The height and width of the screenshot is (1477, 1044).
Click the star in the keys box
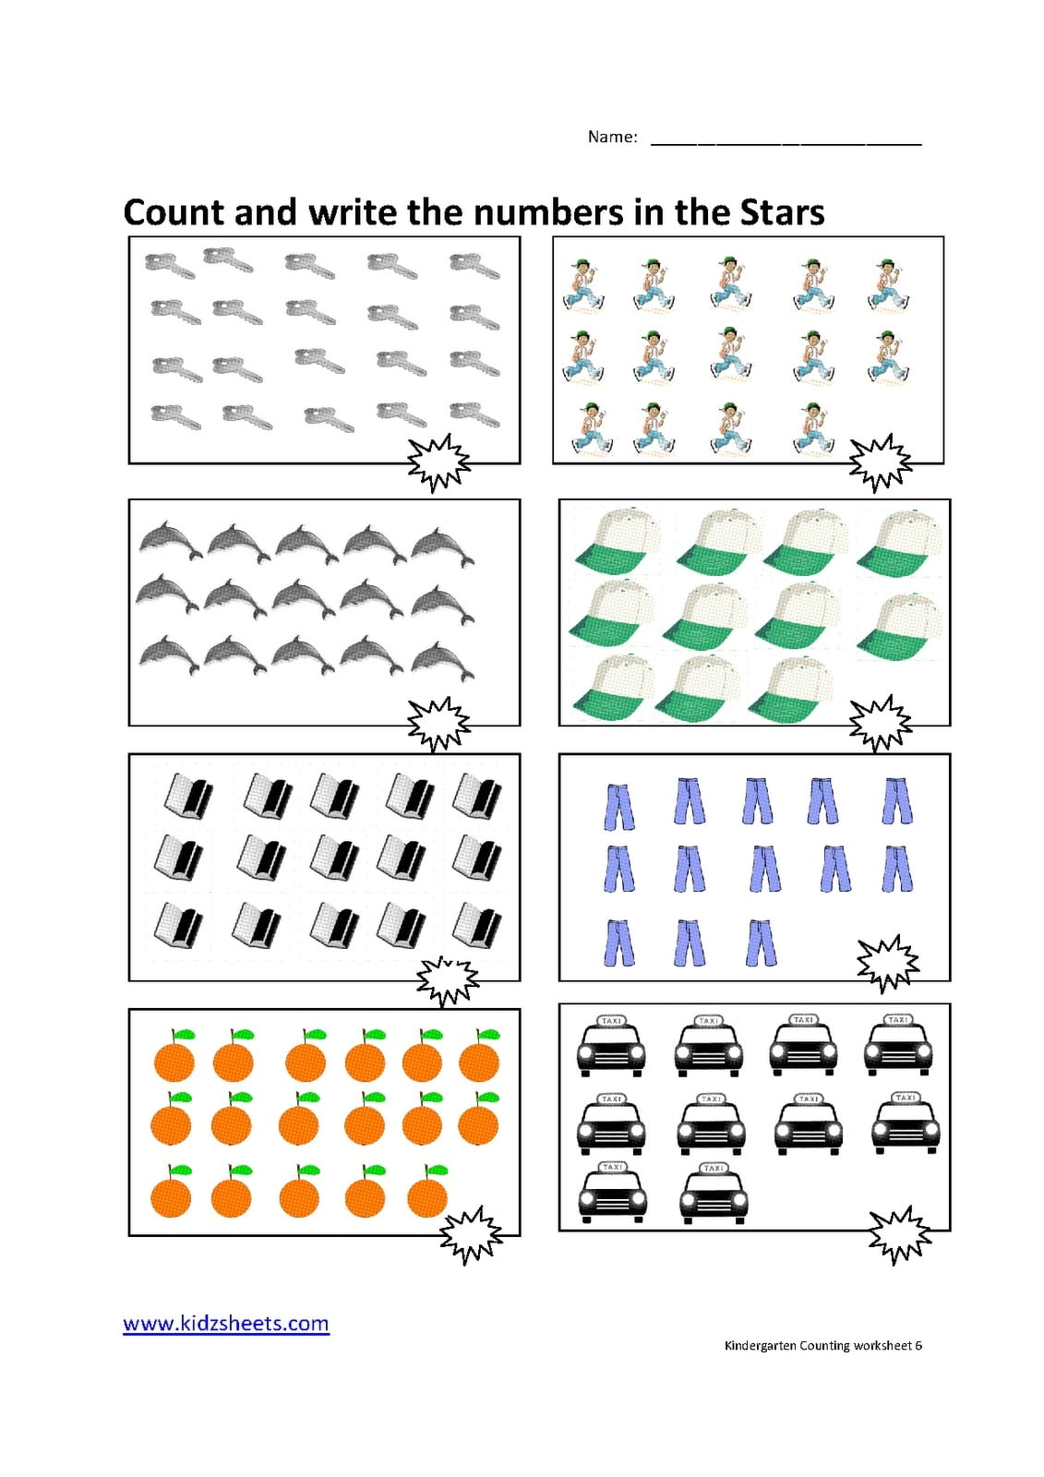point(438,462)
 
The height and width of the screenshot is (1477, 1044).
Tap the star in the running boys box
point(880,462)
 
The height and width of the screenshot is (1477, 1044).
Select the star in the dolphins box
point(438,725)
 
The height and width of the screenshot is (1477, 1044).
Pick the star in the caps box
point(880,724)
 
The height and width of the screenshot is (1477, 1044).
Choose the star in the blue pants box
point(888,964)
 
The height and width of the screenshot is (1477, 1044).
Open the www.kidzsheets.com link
point(226,1324)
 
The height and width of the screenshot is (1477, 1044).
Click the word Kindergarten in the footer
point(760,1345)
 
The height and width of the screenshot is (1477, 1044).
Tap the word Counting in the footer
point(823,1345)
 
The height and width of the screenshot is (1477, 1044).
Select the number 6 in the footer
point(918,1345)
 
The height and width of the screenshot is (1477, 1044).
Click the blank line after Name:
point(786,144)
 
